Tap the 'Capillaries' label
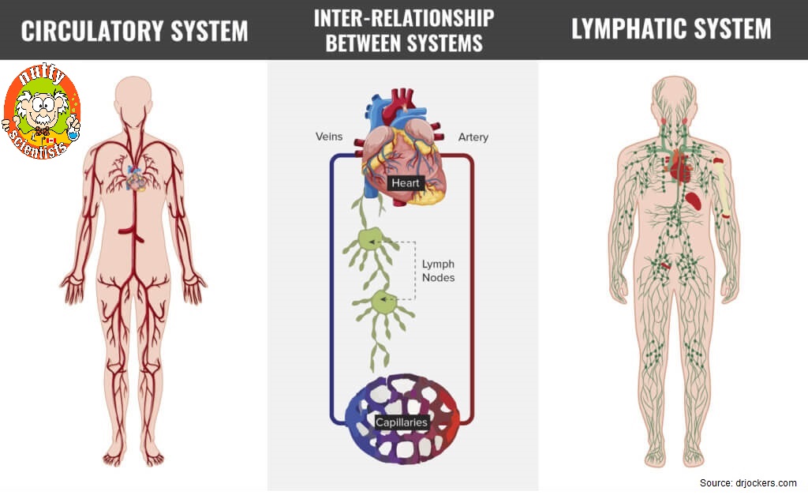coord(402,422)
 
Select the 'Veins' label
coord(329,137)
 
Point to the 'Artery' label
coord(473,137)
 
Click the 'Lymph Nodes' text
coord(438,271)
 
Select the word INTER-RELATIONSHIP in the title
coord(404,17)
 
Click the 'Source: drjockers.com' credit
coord(748,483)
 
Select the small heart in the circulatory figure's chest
coord(137,181)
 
